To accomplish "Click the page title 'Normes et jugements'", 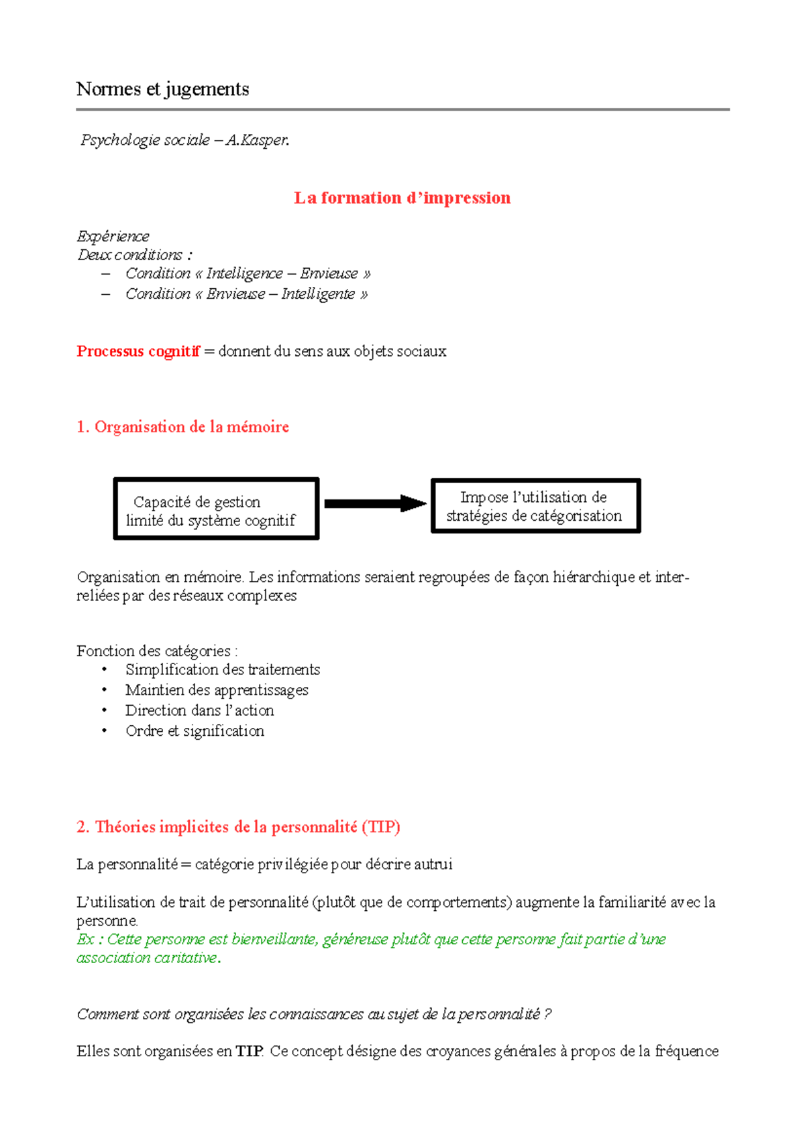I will (162, 89).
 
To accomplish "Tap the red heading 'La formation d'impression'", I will (402, 198).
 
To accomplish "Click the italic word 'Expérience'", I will (113, 236).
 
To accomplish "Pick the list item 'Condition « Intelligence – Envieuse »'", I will (248, 273).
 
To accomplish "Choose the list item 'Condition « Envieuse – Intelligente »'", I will (246, 294).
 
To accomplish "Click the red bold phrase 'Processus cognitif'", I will (138, 351).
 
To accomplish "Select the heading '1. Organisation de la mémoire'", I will (182, 427).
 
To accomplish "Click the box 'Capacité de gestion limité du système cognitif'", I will (215, 509).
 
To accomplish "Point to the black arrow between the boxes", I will (374, 503).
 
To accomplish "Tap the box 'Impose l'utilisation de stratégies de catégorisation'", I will (535, 506).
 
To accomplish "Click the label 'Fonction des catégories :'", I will (157, 651).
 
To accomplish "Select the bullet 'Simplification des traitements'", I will (223, 670).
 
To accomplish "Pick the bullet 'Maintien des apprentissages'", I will (217, 690).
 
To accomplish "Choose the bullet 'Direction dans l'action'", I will (199, 710).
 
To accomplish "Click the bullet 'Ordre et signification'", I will (195, 731).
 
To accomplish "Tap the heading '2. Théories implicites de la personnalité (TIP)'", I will (238, 827).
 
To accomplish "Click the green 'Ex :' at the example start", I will (89, 940).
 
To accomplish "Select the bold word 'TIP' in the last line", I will (249, 1051).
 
